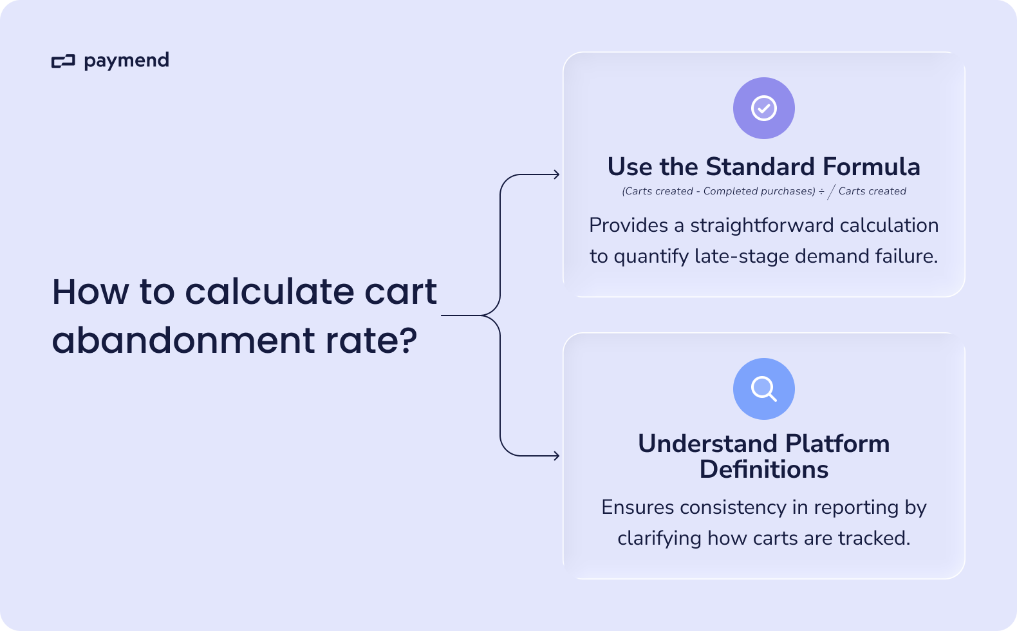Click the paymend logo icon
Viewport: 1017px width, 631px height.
63,62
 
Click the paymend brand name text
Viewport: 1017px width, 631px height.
126,61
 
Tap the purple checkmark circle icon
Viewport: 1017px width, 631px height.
764,108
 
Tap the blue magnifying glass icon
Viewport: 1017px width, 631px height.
764,389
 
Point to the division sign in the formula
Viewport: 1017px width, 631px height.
821,191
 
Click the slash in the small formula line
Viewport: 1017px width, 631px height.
831,192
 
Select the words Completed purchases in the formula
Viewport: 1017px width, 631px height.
759,191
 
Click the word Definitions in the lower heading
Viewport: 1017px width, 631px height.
764,469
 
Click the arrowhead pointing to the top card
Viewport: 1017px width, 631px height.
556,174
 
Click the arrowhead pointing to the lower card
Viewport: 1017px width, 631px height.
556,456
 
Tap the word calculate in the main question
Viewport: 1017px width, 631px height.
270,292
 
